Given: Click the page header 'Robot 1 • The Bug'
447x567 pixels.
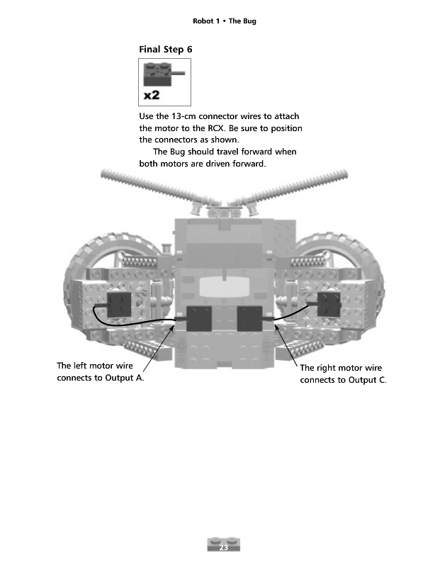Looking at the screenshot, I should (224, 21).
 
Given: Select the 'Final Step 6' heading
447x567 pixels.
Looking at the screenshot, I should (167, 50).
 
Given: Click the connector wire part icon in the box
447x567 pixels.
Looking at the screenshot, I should (163, 72).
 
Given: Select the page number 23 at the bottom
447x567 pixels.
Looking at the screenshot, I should (223, 548).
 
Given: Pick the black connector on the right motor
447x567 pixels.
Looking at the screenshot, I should (329, 304).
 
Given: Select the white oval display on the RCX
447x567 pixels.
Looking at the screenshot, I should (223, 286).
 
